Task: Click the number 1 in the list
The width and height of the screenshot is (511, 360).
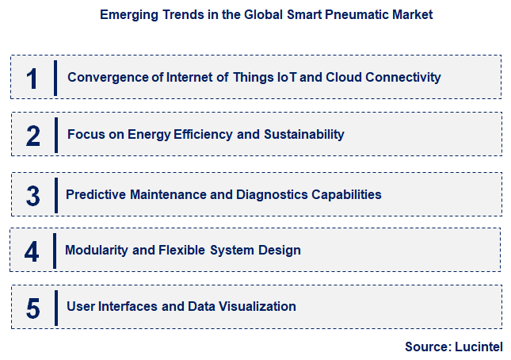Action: (32, 79)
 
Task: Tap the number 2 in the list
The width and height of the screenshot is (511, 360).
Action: (32, 136)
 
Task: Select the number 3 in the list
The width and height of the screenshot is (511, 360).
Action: (32, 195)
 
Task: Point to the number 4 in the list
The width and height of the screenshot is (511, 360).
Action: (32, 251)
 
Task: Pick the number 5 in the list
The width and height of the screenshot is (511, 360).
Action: (32, 308)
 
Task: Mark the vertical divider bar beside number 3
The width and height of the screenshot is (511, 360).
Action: (56, 195)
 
